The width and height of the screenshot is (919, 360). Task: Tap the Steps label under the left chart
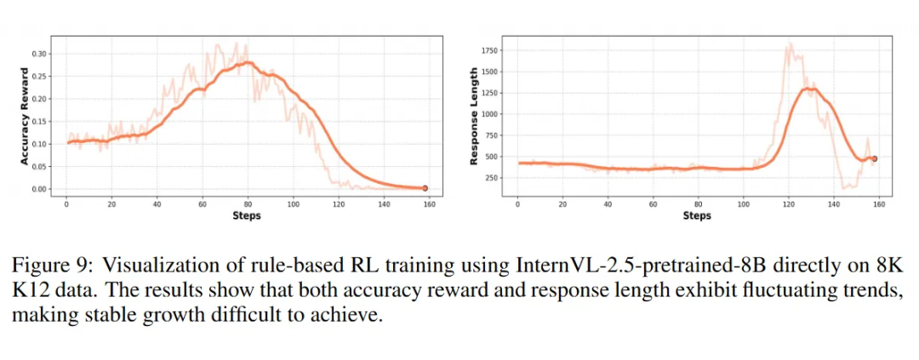coord(247,216)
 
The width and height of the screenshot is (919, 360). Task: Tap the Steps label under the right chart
coord(698,216)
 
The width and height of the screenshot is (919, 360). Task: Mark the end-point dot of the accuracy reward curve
coord(425,188)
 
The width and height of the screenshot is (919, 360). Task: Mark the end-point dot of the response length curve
coord(874,158)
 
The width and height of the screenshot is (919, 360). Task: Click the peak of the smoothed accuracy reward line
coord(247,62)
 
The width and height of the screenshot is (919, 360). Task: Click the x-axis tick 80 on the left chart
coord(248,204)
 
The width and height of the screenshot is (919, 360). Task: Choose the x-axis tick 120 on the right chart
coord(789,204)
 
